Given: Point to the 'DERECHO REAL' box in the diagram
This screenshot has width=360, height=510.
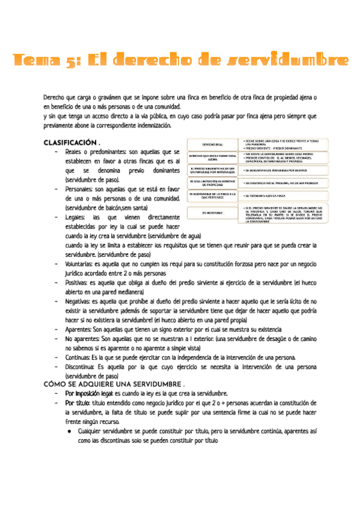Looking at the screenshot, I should tap(213, 145).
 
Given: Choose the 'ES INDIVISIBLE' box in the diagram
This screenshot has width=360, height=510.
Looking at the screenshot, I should tap(213, 213).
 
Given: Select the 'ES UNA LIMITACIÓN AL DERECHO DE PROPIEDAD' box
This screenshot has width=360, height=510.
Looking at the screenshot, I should tap(213, 183).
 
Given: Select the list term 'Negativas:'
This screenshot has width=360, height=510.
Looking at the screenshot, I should tap(81, 301).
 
